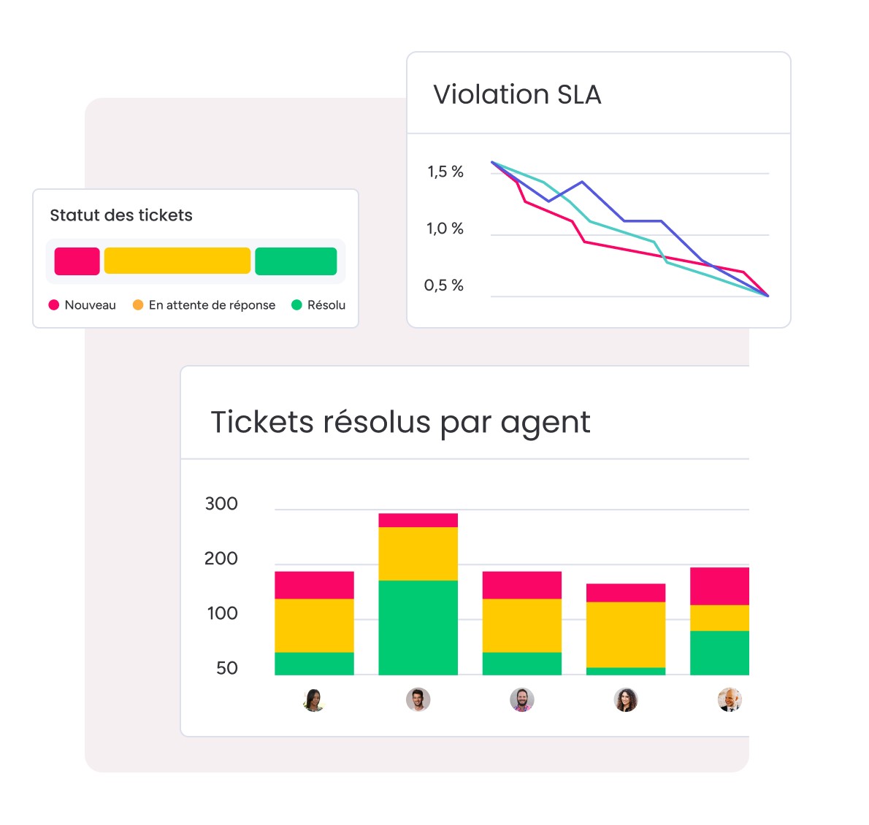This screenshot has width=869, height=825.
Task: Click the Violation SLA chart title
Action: click(517, 95)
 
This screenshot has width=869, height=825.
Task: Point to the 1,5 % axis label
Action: click(445, 172)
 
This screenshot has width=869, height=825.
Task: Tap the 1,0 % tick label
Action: click(445, 229)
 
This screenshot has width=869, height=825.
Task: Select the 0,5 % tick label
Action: click(444, 285)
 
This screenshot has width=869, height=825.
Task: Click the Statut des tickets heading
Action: click(121, 215)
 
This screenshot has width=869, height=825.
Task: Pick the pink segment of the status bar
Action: click(77, 261)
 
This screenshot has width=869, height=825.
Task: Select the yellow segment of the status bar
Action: click(177, 261)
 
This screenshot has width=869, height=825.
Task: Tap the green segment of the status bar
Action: click(296, 261)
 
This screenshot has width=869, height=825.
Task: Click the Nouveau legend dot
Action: click(54, 305)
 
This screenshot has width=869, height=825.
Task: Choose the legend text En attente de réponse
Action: click(212, 305)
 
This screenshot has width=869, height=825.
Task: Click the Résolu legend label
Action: click(326, 305)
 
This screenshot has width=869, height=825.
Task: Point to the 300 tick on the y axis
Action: click(221, 504)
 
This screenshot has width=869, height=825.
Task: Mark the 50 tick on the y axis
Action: click(227, 668)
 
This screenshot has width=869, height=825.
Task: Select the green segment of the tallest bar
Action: click(418, 627)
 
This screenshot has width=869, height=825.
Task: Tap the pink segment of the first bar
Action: click(314, 585)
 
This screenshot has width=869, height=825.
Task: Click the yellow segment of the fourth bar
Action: click(626, 634)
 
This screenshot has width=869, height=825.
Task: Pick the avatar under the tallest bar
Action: click(418, 700)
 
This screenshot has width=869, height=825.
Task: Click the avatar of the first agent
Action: click(314, 700)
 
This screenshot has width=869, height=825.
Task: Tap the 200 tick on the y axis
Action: click(221, 559)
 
